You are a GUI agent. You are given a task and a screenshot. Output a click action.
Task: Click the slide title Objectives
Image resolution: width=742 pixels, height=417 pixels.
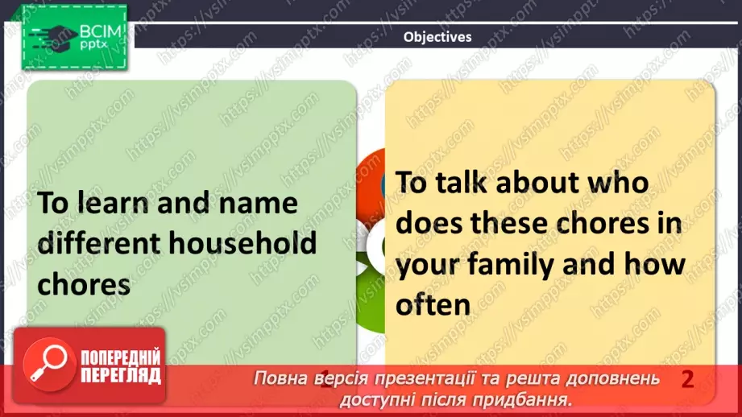[x=437, y=36]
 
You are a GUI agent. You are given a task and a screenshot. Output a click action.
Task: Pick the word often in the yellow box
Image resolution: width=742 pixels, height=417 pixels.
[x=433, y=304]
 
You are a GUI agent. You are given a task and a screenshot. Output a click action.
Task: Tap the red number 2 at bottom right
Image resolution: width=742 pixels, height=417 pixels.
[x=687, y=380]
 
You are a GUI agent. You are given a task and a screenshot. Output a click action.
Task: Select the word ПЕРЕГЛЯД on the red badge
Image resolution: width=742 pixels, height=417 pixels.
[x=120, y=375]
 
